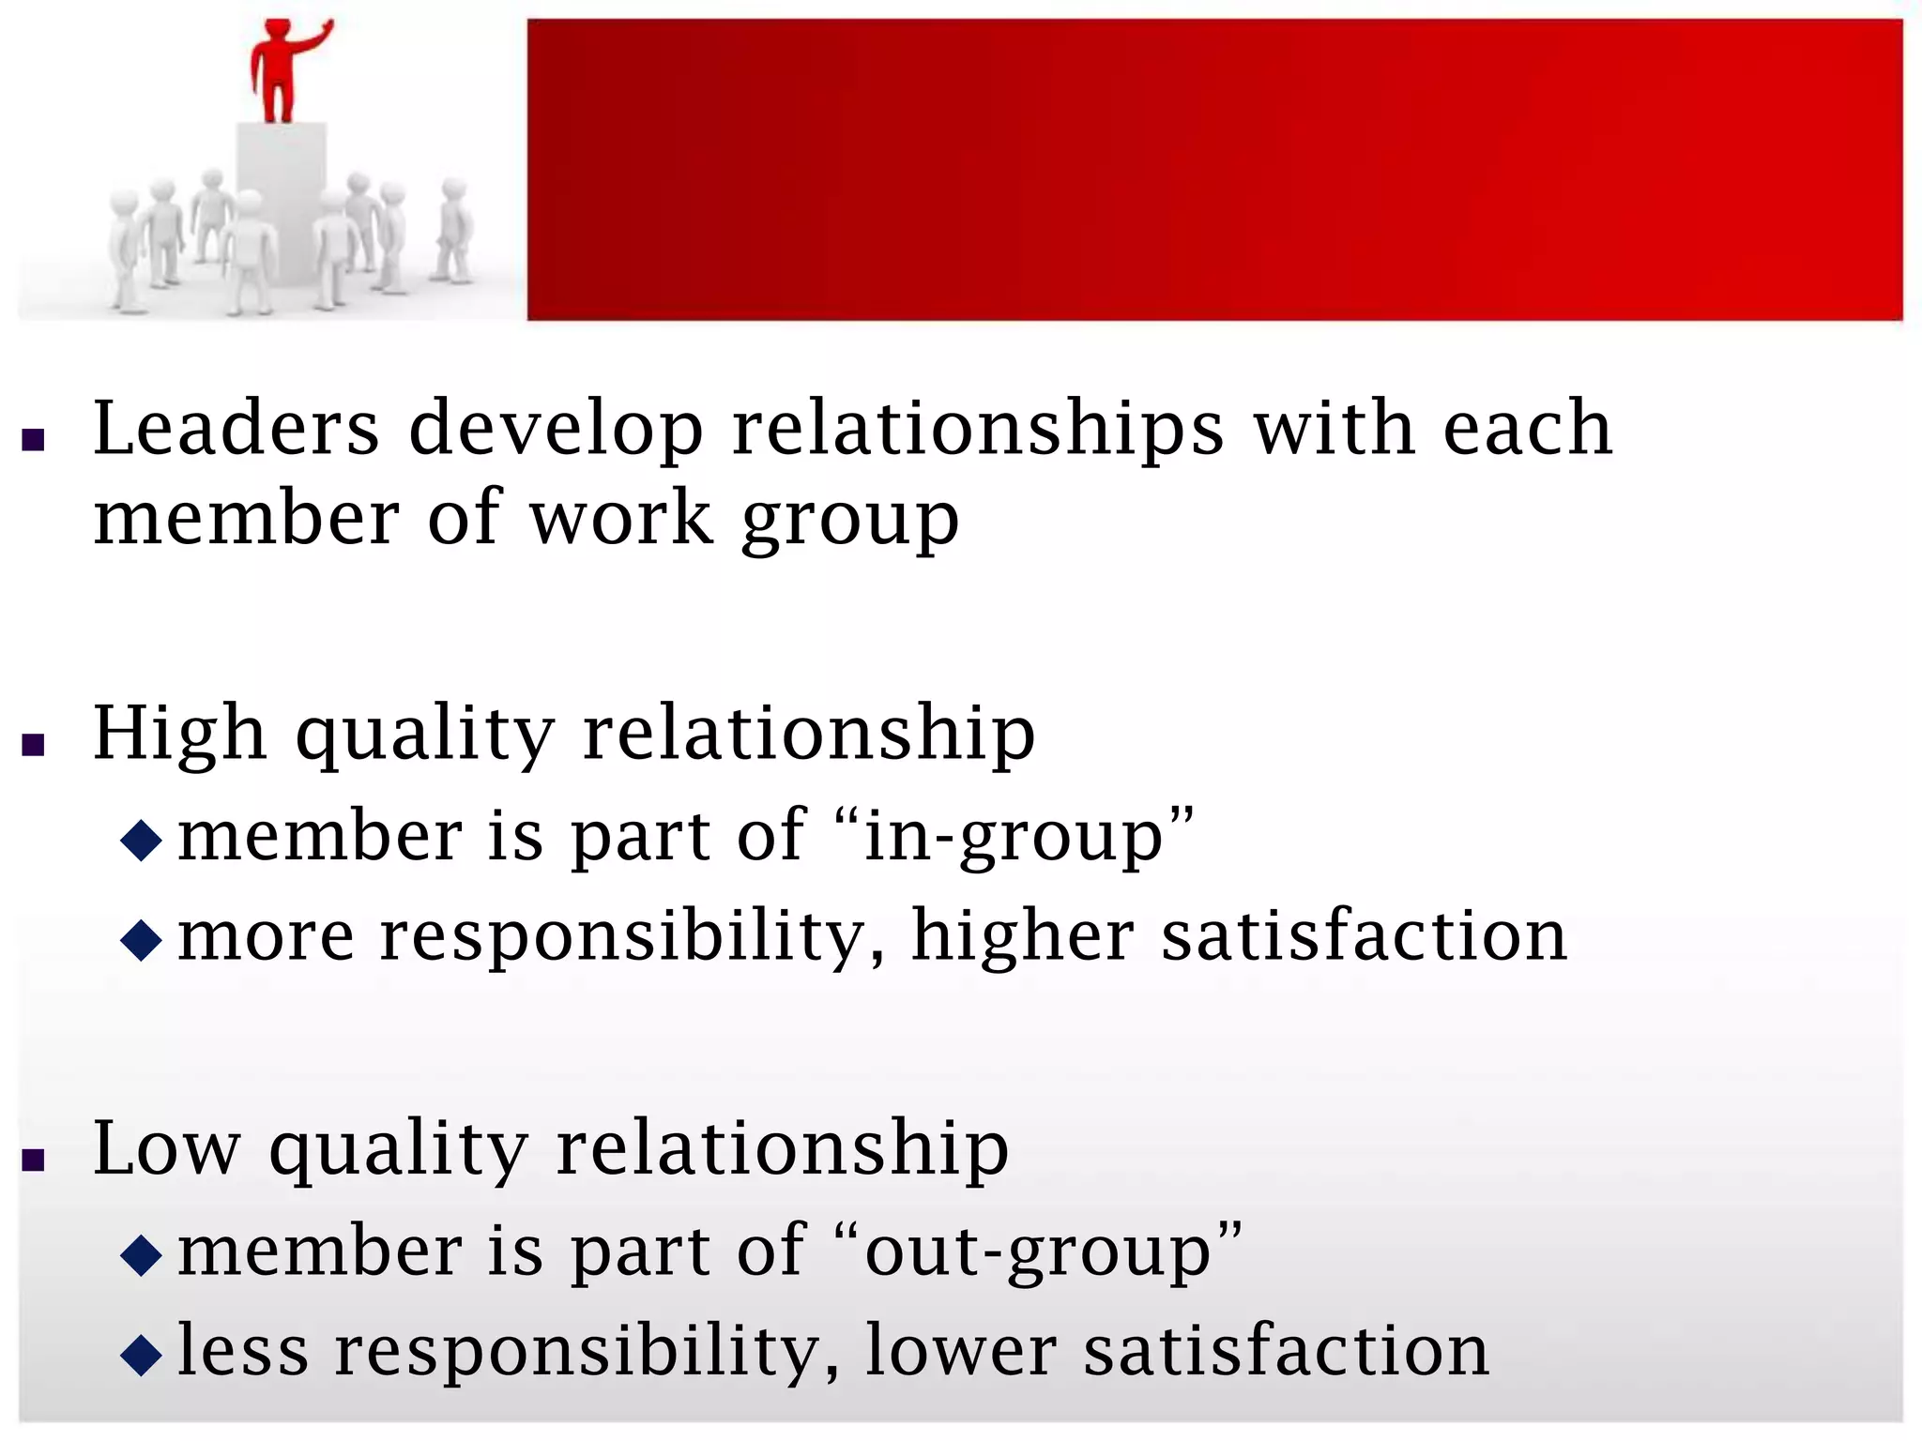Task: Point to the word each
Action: tap(1527, 429)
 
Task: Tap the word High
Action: tap(179, 734)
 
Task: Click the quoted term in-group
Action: tap(1014, 836)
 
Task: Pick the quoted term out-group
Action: tap(1038, 1251)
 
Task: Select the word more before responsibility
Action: tap(267, 937)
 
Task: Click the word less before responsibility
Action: tap(243, 1351)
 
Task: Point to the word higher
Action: tap(1023, 937)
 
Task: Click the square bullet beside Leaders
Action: tap(34, 440)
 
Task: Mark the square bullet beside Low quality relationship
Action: tap(34, 1160)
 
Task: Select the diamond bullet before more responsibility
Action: tap(142, 940)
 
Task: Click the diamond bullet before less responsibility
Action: tap(142, 1356)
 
